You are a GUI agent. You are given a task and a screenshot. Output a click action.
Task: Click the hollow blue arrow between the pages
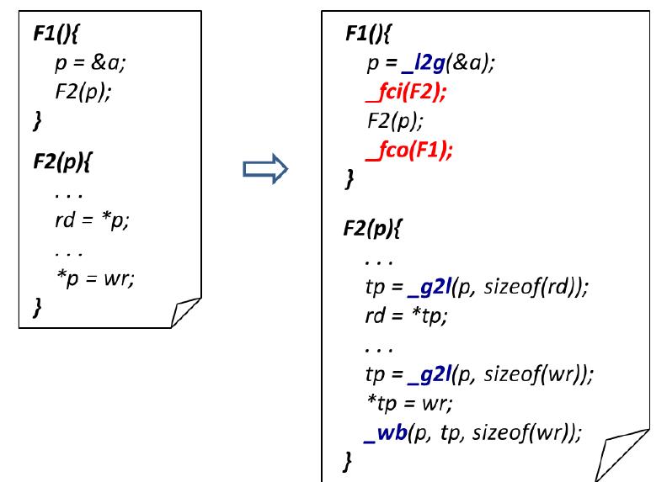tap(265, 169)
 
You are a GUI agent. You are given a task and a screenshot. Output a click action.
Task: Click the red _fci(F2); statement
tap(406, 93)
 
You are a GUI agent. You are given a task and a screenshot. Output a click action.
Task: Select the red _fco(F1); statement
tap(409, 151)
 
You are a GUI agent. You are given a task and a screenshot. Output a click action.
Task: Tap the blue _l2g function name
tap(424, 63)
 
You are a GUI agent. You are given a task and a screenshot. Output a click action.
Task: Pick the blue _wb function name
tap(386, 433)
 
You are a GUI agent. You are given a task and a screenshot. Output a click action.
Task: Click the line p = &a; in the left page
tap(91, 63)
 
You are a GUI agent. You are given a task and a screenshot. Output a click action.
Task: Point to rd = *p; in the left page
tap(92, 220)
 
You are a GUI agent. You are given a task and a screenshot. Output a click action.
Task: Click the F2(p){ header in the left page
tap(62, 162)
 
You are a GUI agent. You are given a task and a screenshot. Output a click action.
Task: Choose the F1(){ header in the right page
tap(368, 33)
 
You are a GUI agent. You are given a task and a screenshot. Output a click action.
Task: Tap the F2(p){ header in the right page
tap(371, 229)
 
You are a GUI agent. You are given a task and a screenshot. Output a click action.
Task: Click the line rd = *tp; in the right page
tap(407, 315)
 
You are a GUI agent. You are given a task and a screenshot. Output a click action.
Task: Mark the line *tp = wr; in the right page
tap(410, 403)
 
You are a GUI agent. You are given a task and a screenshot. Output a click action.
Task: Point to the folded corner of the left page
tap(185, 312)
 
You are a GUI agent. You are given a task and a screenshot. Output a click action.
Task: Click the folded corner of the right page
tap(622, 455)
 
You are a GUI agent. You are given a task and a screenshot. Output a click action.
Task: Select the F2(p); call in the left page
tap(83, 92)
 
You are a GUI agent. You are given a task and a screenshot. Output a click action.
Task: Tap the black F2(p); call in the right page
tap(395, 121)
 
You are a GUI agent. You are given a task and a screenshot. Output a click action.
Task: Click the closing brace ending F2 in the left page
tap(37, 307)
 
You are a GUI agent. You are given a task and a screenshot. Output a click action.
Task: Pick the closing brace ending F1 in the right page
tap(350, 179)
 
